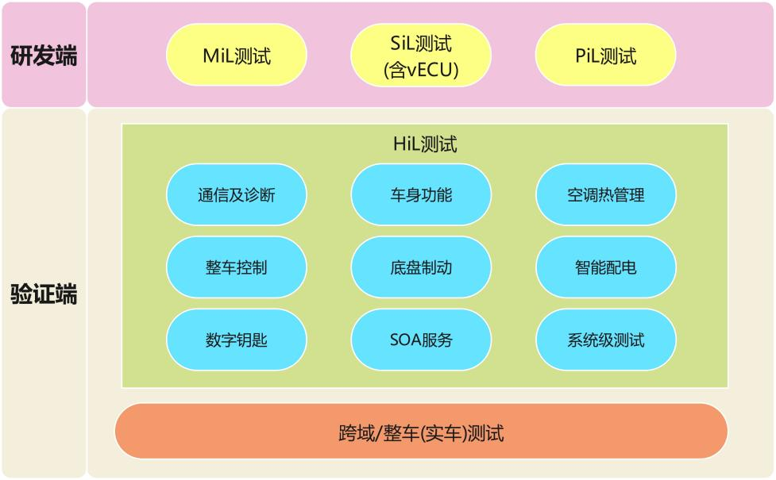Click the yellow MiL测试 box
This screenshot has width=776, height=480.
(x=236, y=56)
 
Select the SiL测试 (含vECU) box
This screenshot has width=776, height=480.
(x=421, y=56)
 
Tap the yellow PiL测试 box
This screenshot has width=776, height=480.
(x=606, y=56)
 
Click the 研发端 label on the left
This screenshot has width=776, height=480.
(x=44, y=56)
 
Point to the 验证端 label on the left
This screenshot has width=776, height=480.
(x=44, y=294)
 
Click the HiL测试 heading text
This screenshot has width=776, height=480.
(x=425, y=144)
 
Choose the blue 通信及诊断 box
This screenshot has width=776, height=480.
(x=236, y=194)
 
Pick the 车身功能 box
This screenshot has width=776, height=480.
(x=421, y=194)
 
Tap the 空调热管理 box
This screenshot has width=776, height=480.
(x=606, y=194)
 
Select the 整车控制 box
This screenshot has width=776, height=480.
(x=236, y=267)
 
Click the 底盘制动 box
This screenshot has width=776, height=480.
(x=421, y=267)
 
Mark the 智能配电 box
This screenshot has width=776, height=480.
(x=606, y=267)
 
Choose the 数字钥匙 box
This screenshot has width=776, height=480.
(x=236, y=340)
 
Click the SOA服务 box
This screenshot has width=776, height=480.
(x=421, y=340)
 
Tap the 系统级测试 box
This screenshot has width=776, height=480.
(x=606, y=340)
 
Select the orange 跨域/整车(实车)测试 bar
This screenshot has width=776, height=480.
(x=421, y=432)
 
